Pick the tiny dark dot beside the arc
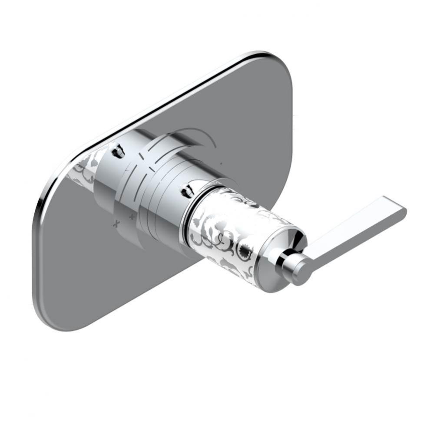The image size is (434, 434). coord(222,163)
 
